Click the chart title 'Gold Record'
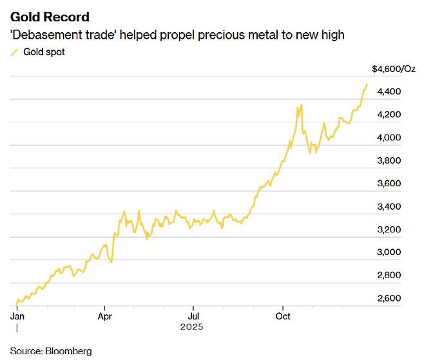click(50, 17)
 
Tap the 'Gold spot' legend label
click(44, 52)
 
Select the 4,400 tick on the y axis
click(389, 91)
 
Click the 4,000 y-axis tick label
click(389, 137)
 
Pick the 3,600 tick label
click(389, 184)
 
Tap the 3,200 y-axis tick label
click(389, 229)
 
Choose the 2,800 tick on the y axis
click(389, 275)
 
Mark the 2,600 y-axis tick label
click(389, 298)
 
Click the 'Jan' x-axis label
click(17, 316)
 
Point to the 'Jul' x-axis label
click(192, 316)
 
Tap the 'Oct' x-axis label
click(283, 316)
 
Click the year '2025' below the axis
click(192, 327)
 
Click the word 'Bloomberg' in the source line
click(68, 351)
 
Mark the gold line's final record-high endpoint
click(367, 84)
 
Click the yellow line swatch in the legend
click(15, 52)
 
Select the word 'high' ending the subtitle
click(332, 35)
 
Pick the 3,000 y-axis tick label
click(389, 252)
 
